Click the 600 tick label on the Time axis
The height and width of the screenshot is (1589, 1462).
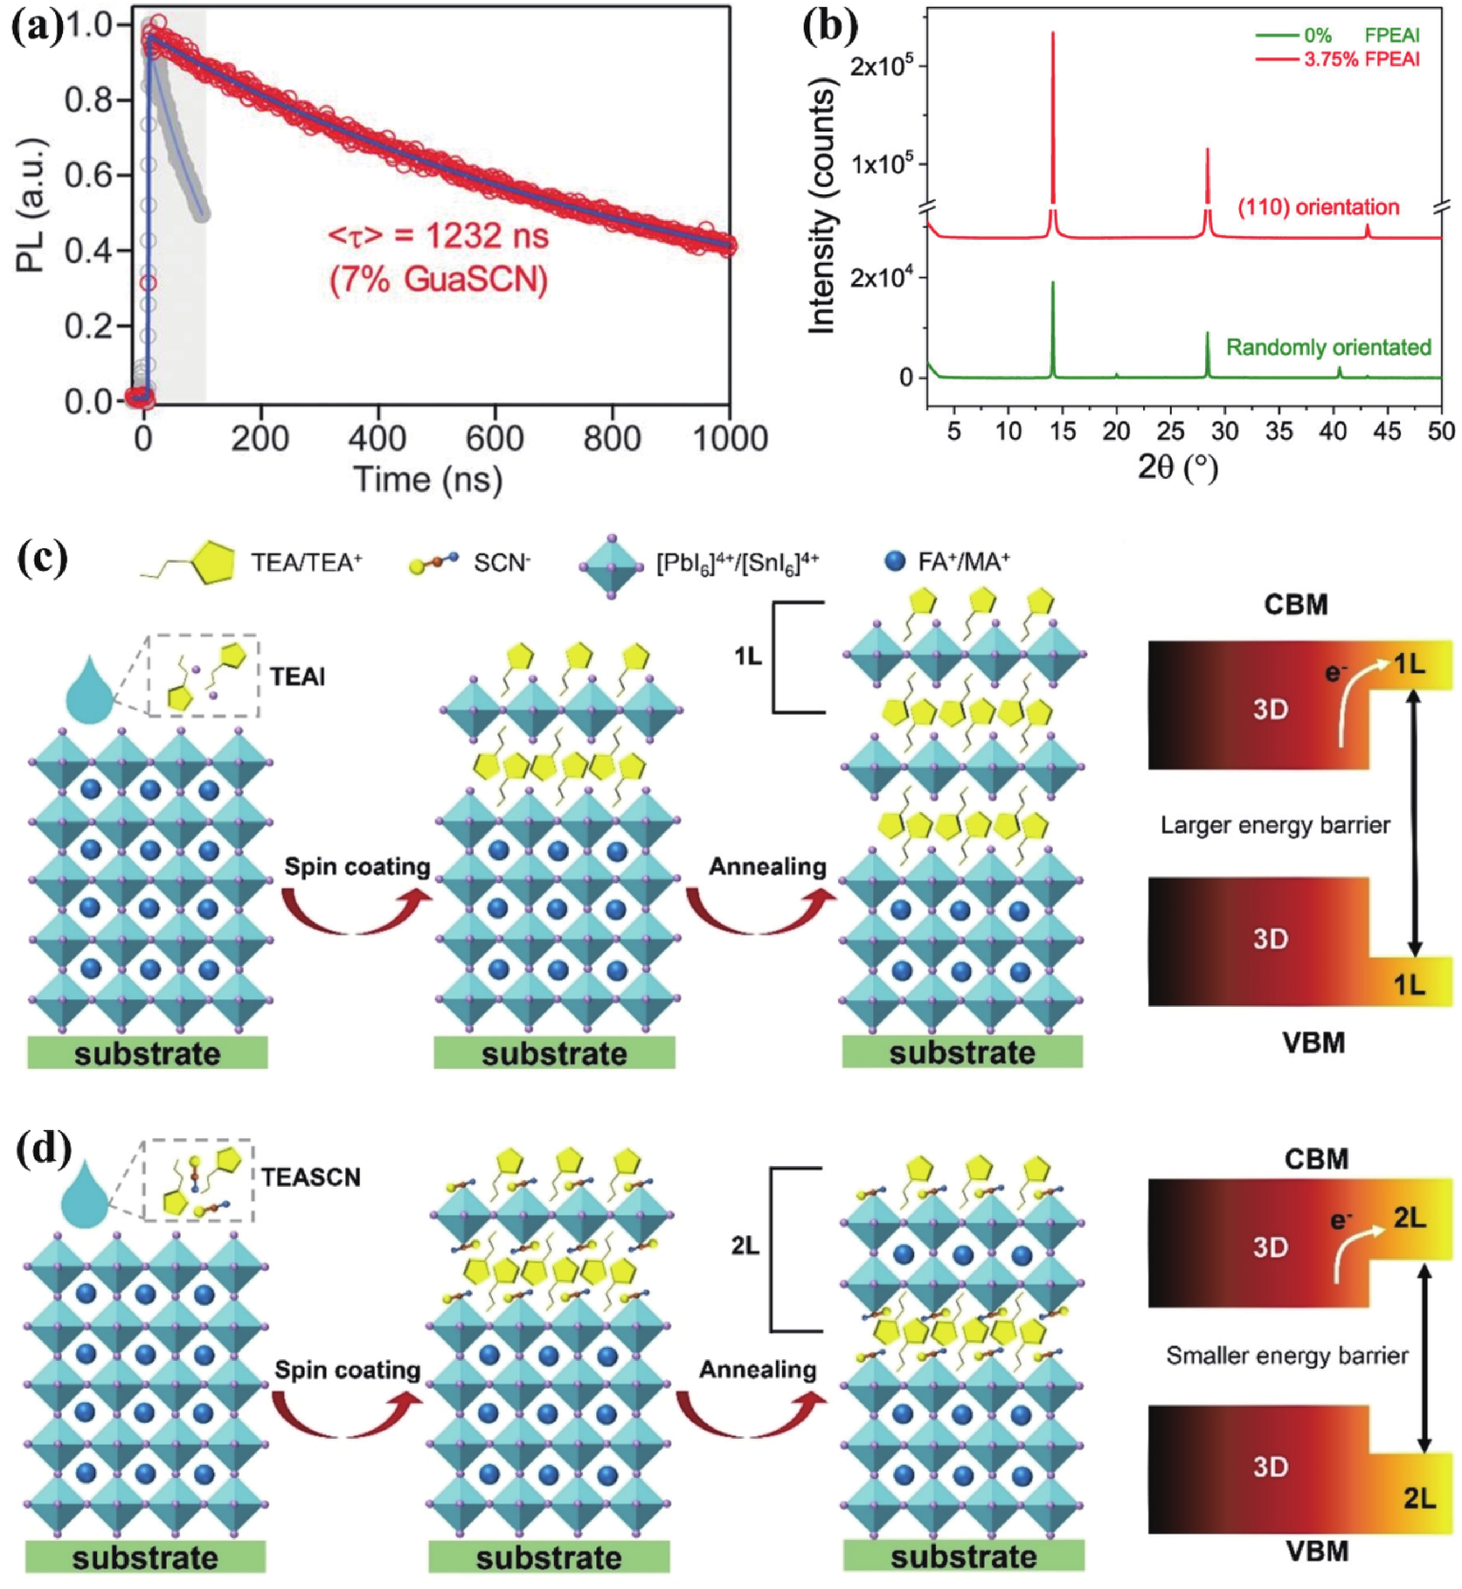point(495,438)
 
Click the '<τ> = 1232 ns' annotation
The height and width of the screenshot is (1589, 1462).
point(438,236)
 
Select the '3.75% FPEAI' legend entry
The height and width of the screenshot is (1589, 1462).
point(1361,59)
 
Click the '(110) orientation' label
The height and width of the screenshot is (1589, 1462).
point(1319,208)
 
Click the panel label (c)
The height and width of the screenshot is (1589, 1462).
point(41,559)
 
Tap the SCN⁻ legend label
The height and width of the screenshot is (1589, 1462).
point(502,563)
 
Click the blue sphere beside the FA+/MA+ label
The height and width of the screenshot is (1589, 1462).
point(895,561)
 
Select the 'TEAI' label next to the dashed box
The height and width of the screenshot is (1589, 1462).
point(298,677)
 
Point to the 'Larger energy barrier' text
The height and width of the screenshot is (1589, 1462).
point(1275,825)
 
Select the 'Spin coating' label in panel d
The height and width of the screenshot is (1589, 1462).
point(347,1370)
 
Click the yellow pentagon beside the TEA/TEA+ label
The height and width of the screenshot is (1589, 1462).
point(211,563)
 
